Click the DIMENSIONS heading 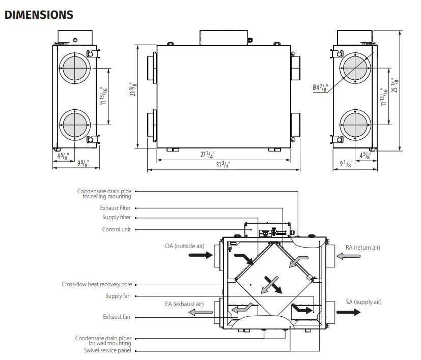39,15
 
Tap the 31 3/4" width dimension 223,165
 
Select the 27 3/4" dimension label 207,155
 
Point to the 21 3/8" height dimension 133,89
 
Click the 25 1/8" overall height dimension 395,85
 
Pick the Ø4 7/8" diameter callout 320,88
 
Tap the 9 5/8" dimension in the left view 83,163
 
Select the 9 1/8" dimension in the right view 346,163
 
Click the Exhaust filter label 115,208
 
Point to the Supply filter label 117,217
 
